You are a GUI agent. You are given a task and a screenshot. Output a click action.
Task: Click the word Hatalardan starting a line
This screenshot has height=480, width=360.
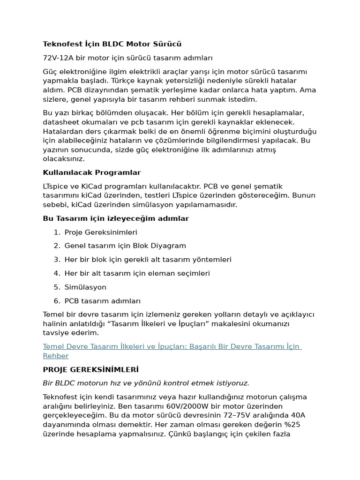[62, 131]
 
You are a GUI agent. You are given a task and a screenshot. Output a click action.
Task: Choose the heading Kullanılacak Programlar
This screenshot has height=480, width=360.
[92, 172]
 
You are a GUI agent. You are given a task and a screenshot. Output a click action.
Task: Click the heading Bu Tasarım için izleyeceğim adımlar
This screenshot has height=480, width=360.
[116, 218]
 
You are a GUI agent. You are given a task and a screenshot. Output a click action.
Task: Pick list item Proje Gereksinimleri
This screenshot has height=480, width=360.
[101, 232]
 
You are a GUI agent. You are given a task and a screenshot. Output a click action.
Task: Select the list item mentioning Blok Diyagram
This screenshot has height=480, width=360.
[125, 246]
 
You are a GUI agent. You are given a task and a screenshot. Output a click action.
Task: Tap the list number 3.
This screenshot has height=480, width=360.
[56, 259]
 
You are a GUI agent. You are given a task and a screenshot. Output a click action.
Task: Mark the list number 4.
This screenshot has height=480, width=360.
[56, 273]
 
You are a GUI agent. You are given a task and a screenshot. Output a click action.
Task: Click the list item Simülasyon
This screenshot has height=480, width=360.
[85, 287]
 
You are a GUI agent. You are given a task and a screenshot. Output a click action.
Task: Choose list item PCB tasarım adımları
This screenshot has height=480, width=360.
[102, 301]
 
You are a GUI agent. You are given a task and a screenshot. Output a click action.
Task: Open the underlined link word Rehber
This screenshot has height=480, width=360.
[56, 356]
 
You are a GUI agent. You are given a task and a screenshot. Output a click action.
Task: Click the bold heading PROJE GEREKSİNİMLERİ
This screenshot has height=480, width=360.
[90, 369]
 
